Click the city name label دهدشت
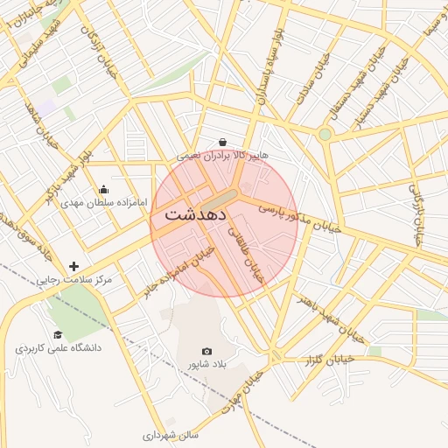pos(196,213)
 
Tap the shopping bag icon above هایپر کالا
pos(223,142)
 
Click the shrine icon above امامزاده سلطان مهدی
pos(104,189)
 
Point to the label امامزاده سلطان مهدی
pos(96,202)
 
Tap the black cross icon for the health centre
pos(73,266)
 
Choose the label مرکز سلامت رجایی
pos(74,280)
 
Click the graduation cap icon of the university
pos(58,334)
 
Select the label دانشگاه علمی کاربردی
pos(58,347)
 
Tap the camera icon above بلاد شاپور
pos(206,351)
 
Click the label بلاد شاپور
pos(206,364)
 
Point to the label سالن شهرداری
pos(171,434)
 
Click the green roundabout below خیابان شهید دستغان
pos(325,134)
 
